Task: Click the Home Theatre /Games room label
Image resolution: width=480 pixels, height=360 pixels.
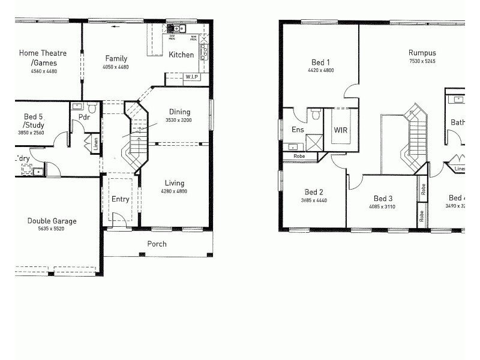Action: (x=43, y=58)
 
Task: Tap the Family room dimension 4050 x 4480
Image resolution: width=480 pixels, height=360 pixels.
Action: (x=116, y=67)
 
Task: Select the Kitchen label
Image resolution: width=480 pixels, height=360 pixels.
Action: (x=181, y=55)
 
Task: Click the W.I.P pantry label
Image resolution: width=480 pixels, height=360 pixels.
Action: (x=191, y=77)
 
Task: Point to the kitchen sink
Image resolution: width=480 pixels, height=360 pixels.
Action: (x=178, y=28)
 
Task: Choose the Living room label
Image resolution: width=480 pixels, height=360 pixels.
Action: (x=173, y=183)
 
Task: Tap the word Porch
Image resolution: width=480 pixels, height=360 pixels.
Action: (x=157, y=244)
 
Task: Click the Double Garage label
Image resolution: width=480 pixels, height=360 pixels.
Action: (x=52, y=221)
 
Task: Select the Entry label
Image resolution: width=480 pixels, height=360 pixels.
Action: (x=121, y=199)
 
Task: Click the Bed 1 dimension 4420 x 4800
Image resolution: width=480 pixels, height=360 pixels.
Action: (x=320, y=71)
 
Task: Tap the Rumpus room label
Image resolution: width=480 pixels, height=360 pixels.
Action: (x=422, y=53)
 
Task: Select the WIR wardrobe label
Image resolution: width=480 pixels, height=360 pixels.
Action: (x=341, y=130)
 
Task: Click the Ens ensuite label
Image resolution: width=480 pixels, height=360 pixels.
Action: (x=298, y=130)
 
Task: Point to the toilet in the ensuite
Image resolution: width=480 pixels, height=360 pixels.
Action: (x=316, y=113)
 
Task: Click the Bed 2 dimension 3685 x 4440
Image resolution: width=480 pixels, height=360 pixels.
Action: (x=313, y=200)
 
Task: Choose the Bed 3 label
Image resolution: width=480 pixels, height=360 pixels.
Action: (x=383, y=199)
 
